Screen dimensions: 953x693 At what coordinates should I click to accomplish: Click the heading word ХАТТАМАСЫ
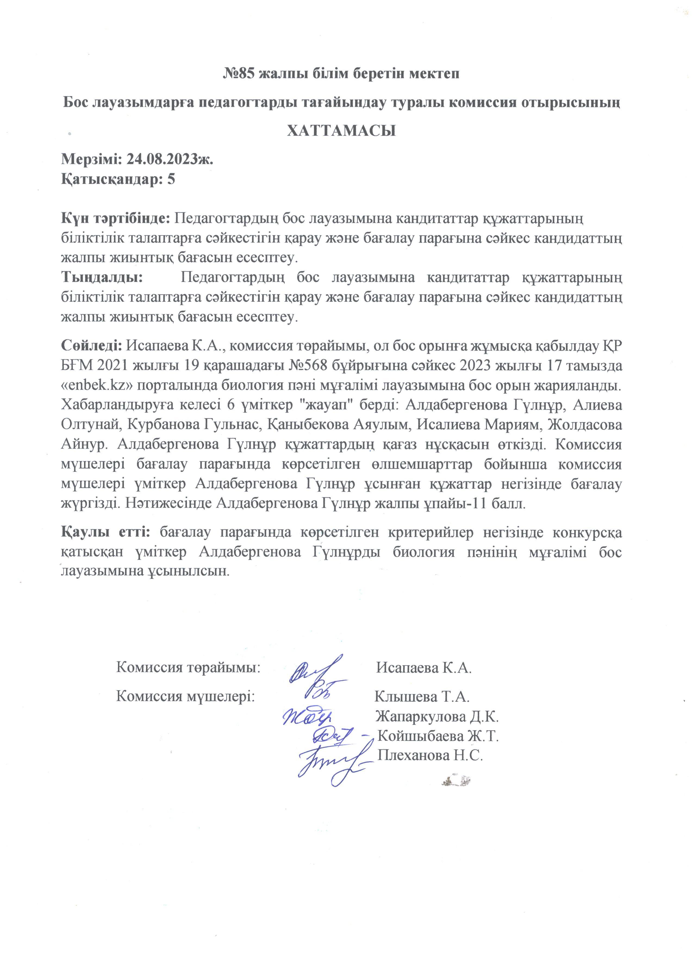[x=341, y=131]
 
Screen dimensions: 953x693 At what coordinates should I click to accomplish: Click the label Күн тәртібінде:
[x=116, y=218]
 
